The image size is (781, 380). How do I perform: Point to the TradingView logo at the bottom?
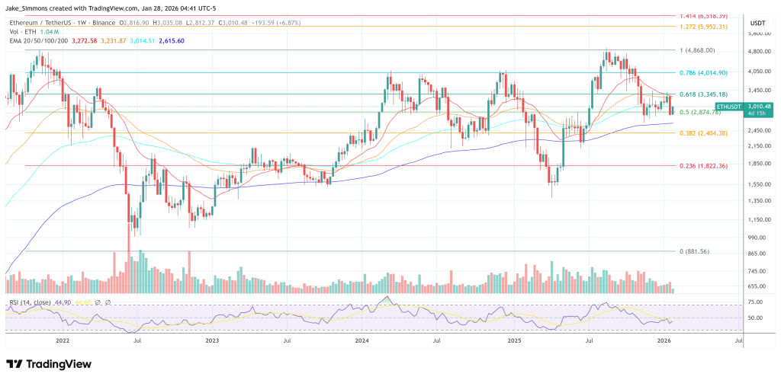pyautogui.click(x=49, y=364)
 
